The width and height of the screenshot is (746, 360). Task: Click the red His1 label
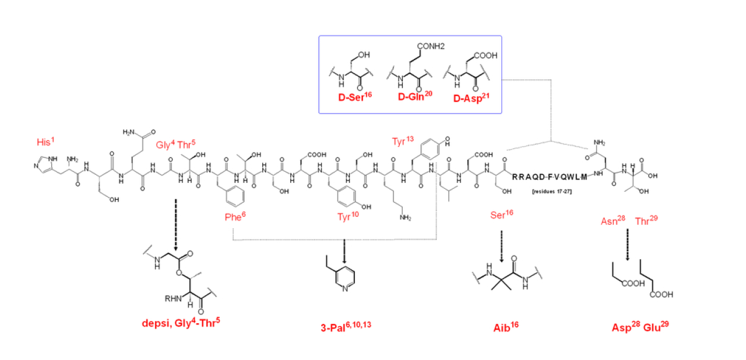[45, 143]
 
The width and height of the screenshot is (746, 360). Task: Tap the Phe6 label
[235, 217]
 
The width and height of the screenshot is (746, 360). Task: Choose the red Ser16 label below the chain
[502, 214]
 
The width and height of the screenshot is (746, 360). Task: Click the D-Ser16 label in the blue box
[355, 97]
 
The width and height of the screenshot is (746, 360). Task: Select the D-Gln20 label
[413, 97]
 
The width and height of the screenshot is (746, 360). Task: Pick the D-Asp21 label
[469, 97]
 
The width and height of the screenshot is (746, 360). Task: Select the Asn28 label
[613, 221]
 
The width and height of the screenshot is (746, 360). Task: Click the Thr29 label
[647, 221]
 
